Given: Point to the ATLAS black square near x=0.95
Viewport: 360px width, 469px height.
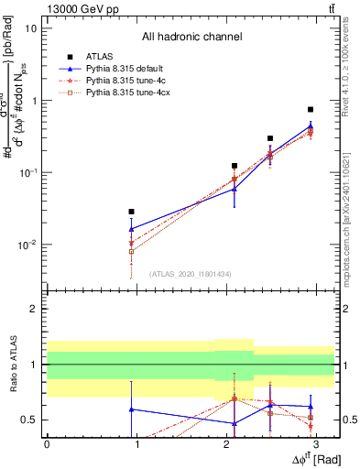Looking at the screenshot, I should point(132,212).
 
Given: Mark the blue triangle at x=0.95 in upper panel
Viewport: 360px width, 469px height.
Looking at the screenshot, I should point(132,229).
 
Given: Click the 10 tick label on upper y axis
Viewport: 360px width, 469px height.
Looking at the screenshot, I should point(31,27).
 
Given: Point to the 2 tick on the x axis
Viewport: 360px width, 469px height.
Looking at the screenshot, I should point(227,443).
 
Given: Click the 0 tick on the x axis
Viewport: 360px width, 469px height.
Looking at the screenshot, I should point(47,443).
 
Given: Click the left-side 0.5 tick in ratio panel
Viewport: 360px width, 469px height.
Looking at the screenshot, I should point(29,420).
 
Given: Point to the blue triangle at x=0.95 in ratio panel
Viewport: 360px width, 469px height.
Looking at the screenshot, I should point(132,409).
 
